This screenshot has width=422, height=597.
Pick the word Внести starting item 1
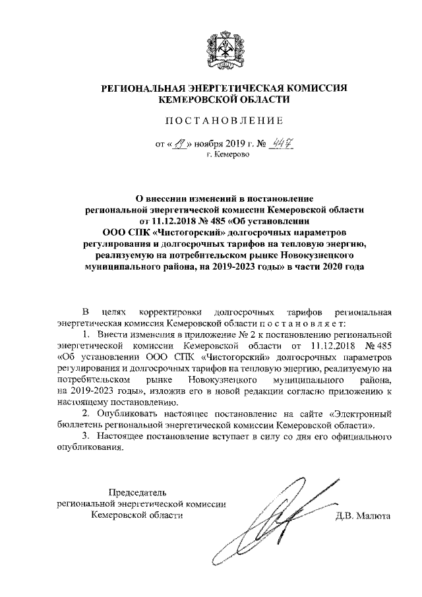click(x=108, y=335)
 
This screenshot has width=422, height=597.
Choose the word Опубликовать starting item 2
click(x=125, y=413)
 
